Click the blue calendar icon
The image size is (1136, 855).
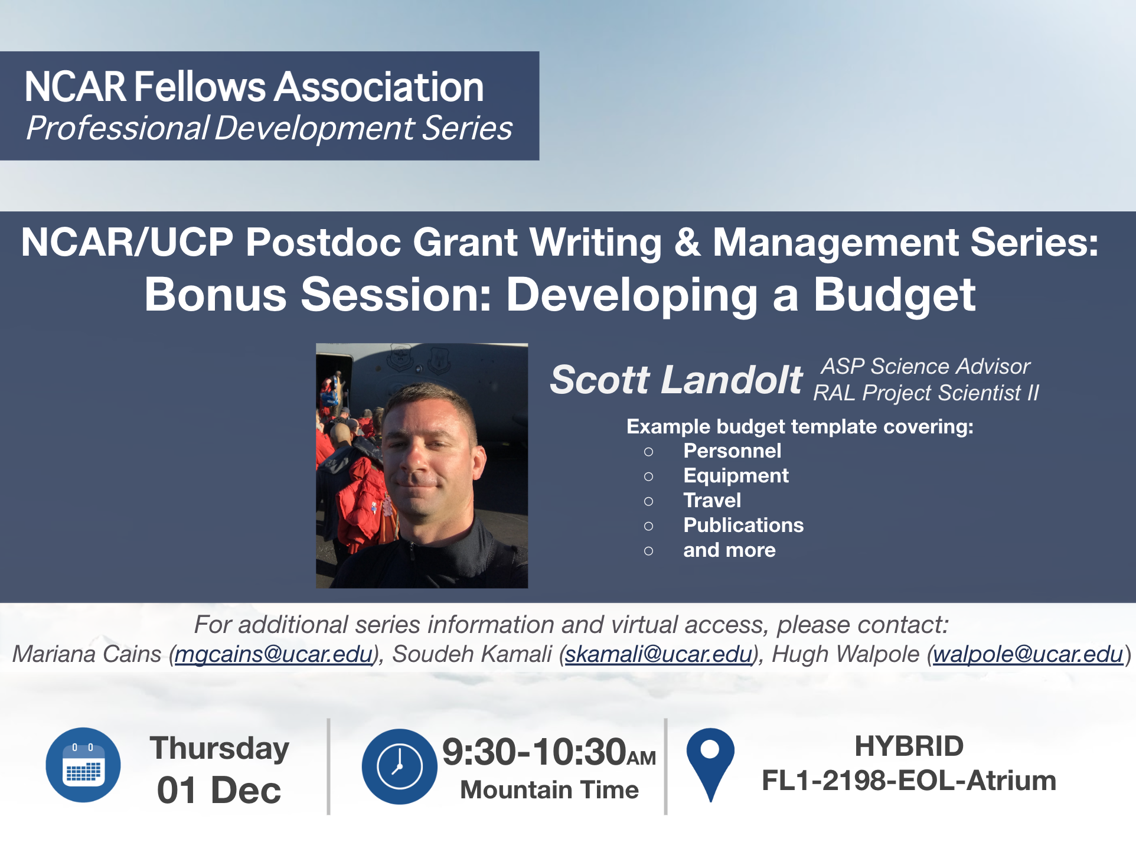click(x=83, y=765)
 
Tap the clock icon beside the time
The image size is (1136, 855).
click(x=400, y=766)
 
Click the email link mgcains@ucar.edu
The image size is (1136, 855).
click(x=274, y=654)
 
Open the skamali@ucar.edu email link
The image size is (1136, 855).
click(x=659, y=654)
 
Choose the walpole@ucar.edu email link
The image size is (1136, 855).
click(x=1028, y=654)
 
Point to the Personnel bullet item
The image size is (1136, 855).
click(x=732, y=451)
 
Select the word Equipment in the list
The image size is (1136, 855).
click(x=736, y=476)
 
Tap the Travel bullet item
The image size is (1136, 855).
click(x=712, y=501)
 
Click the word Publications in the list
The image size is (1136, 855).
click(x=743, y=526)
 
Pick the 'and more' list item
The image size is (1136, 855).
click(x=729, y=550)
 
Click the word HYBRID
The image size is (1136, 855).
click(x=909, y=746)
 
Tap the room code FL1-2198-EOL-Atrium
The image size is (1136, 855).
click(x=909, y=781)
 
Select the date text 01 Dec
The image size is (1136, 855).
click(x=219, y=790)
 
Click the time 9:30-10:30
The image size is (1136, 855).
click(x=534, y=752)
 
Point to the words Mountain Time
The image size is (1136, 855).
click(x=549, y=790)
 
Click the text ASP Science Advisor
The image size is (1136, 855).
click(x=926, y=367)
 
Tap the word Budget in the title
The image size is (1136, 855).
click(x=895, y=295)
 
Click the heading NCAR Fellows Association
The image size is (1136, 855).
click(x=254, y=87)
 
